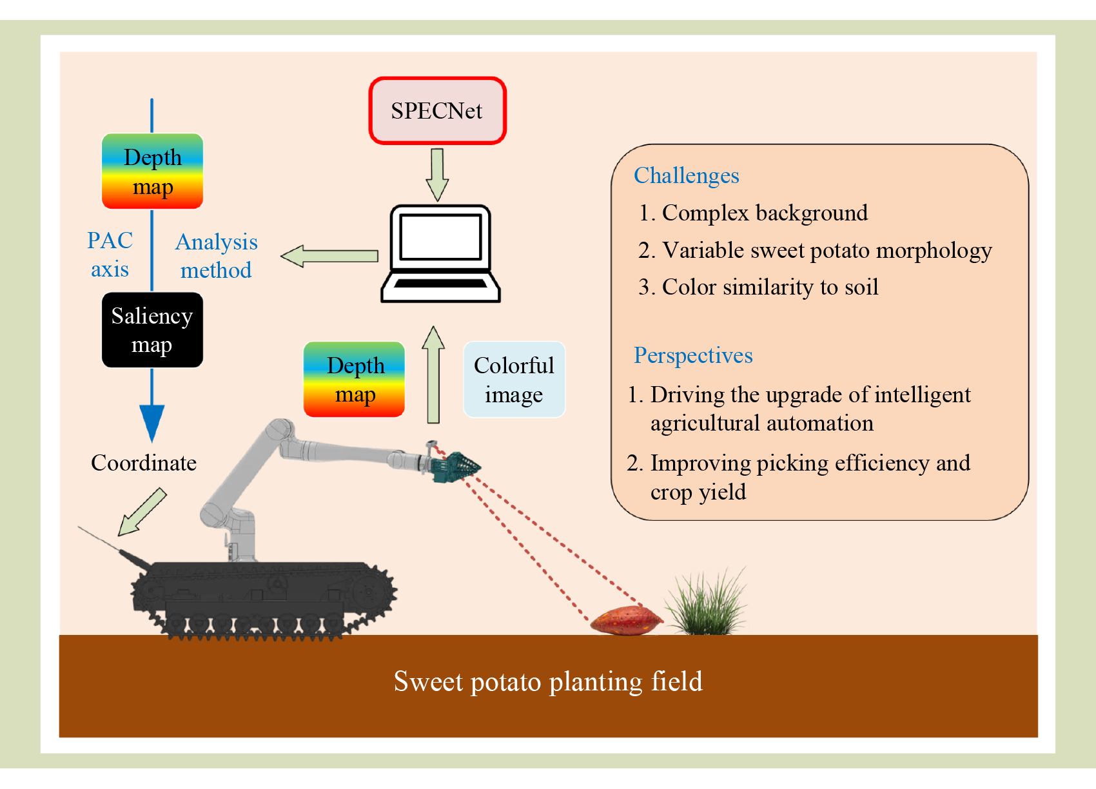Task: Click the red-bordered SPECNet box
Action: point(437,111)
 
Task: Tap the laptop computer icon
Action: point(440,253)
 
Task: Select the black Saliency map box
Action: point(152,330)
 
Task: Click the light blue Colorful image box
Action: point(514,380)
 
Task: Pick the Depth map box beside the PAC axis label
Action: point(152,171)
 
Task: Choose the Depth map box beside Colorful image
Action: point(354,380)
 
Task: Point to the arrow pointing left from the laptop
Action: point(329,256)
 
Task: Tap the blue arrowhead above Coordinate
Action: point(152,422)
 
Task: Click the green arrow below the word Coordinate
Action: point(142,512)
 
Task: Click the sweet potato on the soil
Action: point(626,621)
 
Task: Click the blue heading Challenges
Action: point(686,175)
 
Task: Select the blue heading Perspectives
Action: point(693,355)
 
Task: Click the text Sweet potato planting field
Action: point(548,681)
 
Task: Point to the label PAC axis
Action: point(110,255)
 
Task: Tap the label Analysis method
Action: point(217,256)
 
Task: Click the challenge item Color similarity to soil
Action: point(758,287)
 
